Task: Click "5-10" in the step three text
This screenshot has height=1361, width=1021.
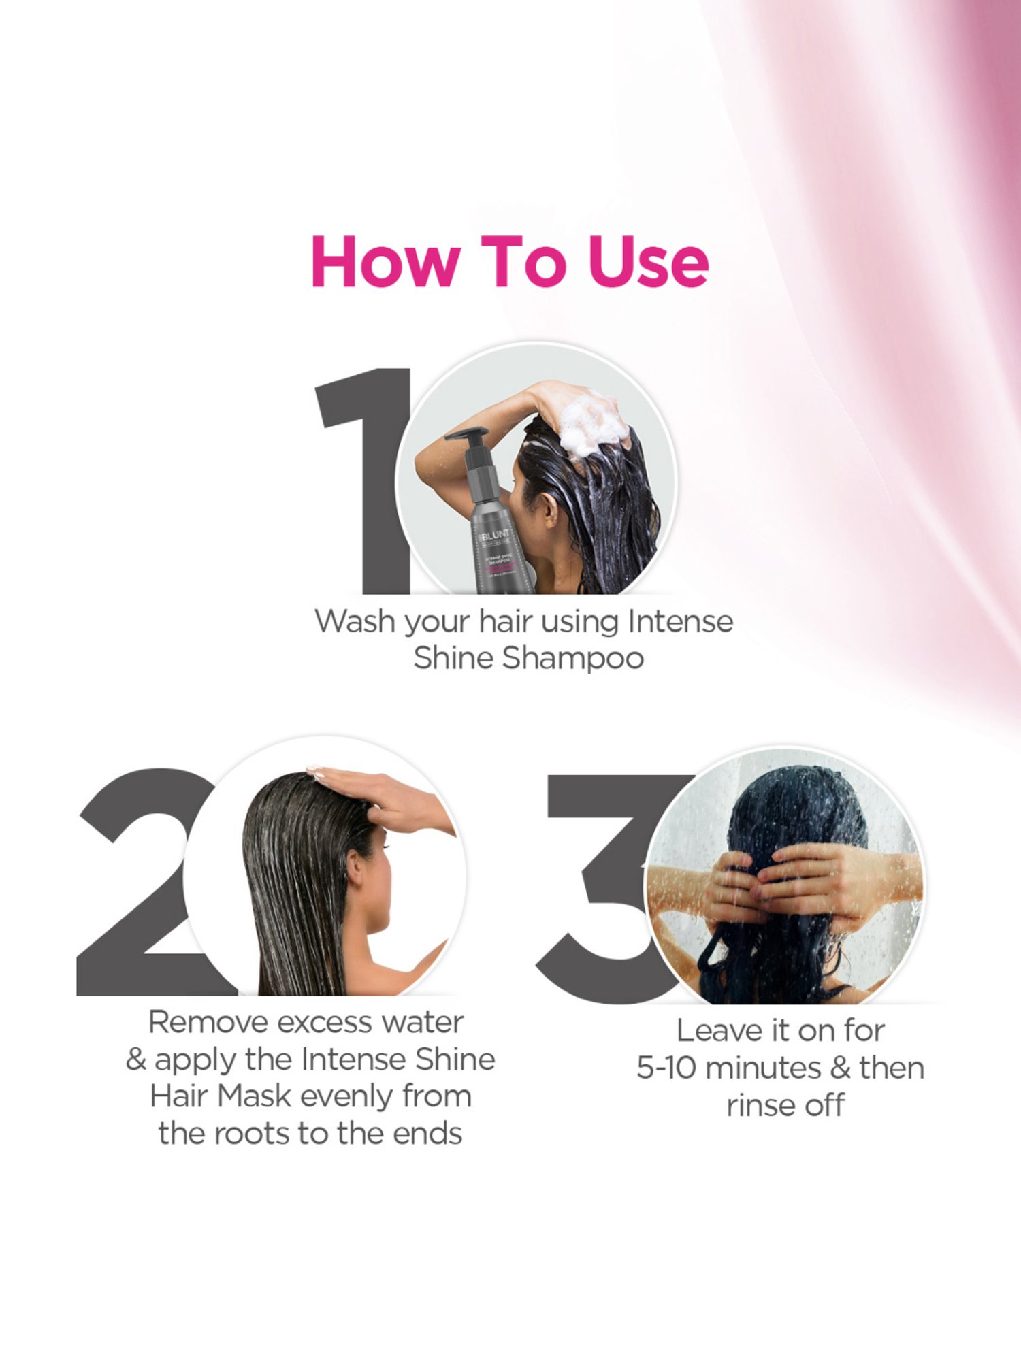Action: (x=666, y=1068)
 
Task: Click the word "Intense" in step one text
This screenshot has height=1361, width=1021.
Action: (x=680, y=622)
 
